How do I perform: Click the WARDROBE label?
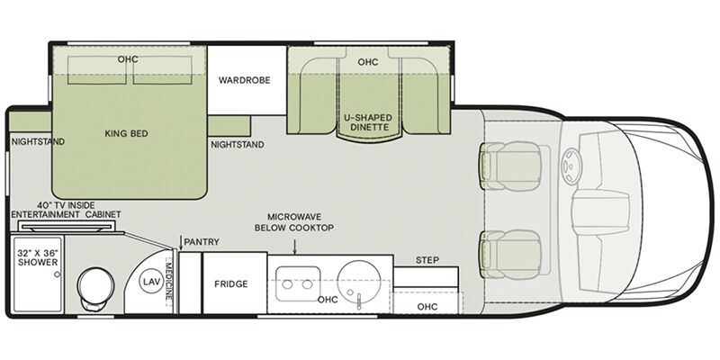click(244, 80)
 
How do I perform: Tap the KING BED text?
click(126, 133)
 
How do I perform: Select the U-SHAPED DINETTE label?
click(368, 122)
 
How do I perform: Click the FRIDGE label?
click(231, 284)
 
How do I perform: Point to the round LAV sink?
click(152, 282)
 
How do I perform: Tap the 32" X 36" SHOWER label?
click(38, 257)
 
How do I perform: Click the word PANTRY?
click(202, 242)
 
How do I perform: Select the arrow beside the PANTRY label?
click(180, 243)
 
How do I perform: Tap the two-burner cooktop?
click(298, 284)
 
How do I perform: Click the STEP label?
click(427, 260)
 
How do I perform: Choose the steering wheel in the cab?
click(572, 166)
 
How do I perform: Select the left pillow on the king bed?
click(97, 70)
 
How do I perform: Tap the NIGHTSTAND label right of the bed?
click(238, 145)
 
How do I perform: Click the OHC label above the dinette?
click(368, 61)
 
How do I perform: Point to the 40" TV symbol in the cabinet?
click(67, 226)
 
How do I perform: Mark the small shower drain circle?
click(57, 274)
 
